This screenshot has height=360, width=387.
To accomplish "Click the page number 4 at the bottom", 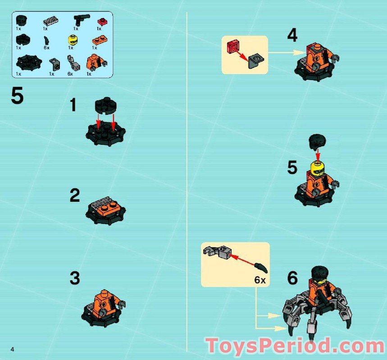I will pos(14,349).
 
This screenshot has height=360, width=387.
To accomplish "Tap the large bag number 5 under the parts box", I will pos(17,96).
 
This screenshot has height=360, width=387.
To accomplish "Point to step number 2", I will pos(75,196).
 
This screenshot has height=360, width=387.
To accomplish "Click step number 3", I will pos(75,279).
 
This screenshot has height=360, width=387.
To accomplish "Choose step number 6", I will pos(292,279).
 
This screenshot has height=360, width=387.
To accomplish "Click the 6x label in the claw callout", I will pos(260,280).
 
